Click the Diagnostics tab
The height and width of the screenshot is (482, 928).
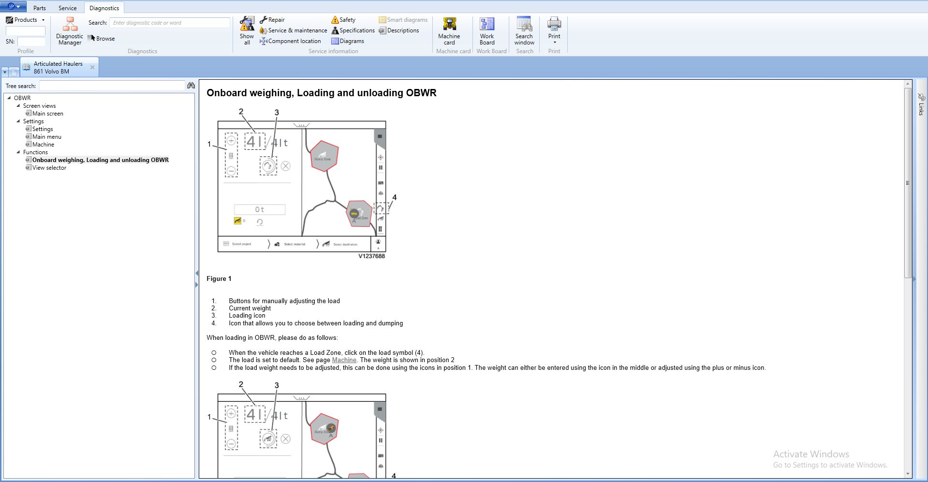[x=104, y=8]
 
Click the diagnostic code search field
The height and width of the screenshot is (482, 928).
[x=169, y=23]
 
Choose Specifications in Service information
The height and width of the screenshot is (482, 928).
[x=353, y=30]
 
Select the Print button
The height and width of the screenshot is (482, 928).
[x=554, y=30]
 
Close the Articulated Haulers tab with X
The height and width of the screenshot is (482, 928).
[x=92, y=67]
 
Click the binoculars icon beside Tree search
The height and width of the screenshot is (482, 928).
[x=191, y=86]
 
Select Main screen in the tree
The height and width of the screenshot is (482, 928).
[x=47, y=114]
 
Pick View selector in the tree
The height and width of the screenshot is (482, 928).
[x=49, y=168]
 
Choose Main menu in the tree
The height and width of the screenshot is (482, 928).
[x=46, y=137]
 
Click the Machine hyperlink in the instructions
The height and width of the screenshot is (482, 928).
[x=344, y=360]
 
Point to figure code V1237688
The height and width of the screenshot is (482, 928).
[x=371, y=256]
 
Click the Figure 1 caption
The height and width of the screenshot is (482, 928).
[x=219, y=279]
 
